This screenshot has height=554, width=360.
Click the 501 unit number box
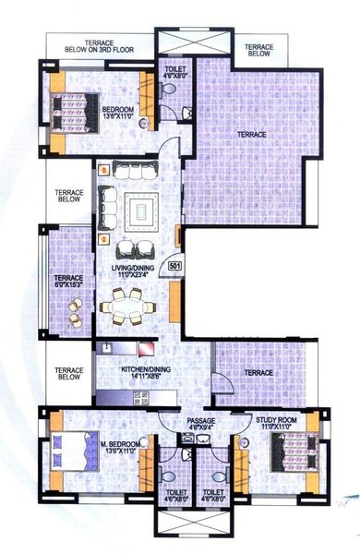[x=174, y=268]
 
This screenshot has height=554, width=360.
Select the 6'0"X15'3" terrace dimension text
[x=68, y=285]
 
